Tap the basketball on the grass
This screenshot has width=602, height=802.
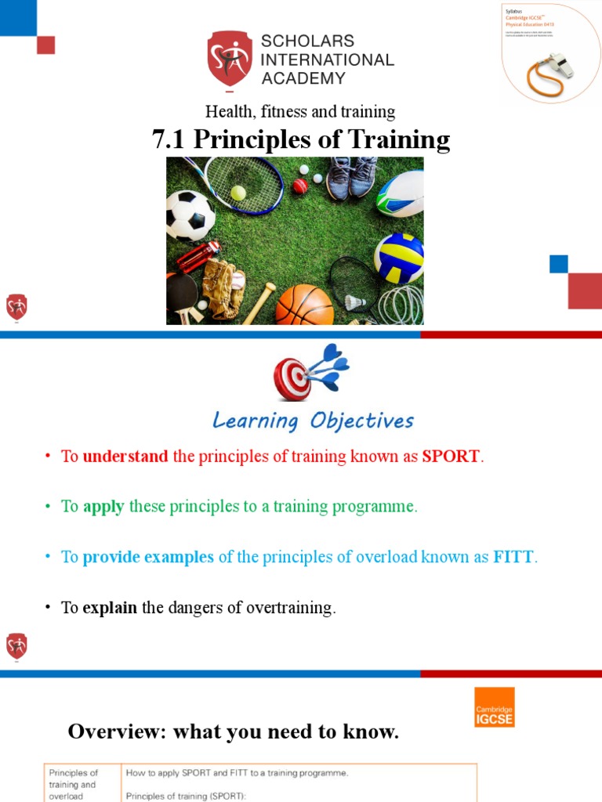[x=304, y=305]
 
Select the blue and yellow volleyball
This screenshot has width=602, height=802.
[x=399, y=258]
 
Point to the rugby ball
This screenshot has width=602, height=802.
[x=401, y=193]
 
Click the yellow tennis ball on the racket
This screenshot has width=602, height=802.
[x=238, y=192]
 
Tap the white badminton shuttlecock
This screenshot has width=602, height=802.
[x=354, y=302]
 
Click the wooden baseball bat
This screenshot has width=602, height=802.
[x=258, y=304]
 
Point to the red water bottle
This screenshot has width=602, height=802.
[x=197, y=255]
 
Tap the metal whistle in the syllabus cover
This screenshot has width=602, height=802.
[x=560, y=65]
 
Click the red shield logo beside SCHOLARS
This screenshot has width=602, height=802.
[x=230, y=60]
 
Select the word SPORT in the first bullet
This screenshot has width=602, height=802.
[x=451, y=457]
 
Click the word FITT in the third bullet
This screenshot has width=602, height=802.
[x=513, y=557]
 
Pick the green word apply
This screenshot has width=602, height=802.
[x=103, y=507]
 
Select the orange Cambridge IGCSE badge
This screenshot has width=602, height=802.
[x=495, y=707]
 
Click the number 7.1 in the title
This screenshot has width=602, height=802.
[x=169, y=139]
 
